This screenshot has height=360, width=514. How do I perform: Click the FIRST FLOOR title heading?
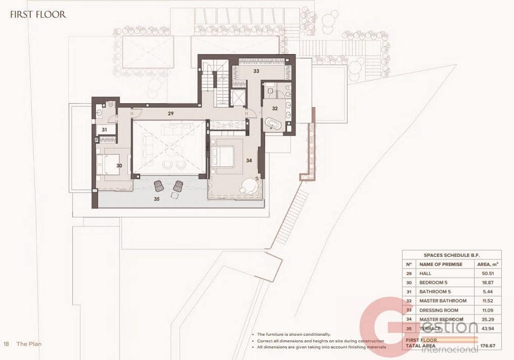point(38,14)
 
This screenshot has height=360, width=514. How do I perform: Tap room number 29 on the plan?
point(171,114)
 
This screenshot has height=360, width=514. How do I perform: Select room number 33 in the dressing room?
point(256,71)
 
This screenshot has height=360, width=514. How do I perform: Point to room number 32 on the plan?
point(275,108)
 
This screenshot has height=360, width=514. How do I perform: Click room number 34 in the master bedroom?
point(248,160)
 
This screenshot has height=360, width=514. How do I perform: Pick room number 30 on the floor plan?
point(119,165)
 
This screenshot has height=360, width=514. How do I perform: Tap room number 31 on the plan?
point(104,130)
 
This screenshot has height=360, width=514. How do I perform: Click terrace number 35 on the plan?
point(157,199)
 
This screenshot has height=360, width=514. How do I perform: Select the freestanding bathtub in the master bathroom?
point(275,123)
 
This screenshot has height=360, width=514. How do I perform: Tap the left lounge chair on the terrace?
point(159,186)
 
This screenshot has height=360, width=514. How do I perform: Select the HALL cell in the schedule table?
point(426,273)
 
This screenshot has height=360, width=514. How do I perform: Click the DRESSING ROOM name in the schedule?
point(439,310)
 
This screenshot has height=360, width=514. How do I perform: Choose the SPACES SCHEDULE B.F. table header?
point(452,255)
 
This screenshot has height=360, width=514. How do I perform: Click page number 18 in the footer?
point(6,344)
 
